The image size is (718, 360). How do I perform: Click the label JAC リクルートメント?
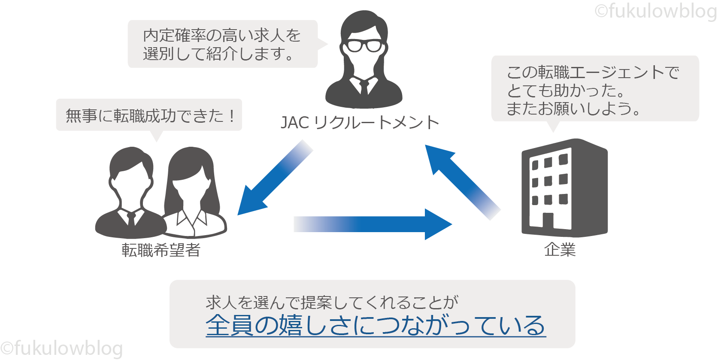coord(360,123)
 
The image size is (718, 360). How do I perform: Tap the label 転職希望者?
coord(161,250)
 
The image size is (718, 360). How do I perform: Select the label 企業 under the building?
coord(560,249)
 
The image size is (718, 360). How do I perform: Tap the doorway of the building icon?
coord(548,221)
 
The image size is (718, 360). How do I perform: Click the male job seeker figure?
coord(130,193)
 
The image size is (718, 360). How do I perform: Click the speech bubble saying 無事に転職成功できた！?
coord(149,115)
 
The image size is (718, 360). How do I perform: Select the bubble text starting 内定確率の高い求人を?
coord(222,35)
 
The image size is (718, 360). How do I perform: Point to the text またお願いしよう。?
coord(573,109)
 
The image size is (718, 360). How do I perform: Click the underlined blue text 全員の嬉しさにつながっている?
coord(376,325)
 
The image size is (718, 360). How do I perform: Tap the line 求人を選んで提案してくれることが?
coord(332,303)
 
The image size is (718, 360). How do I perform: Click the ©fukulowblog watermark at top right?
coord(656,11)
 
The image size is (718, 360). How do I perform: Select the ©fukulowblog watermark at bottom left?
coord(61,348)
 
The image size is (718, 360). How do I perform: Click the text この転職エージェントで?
coord(593,72)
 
